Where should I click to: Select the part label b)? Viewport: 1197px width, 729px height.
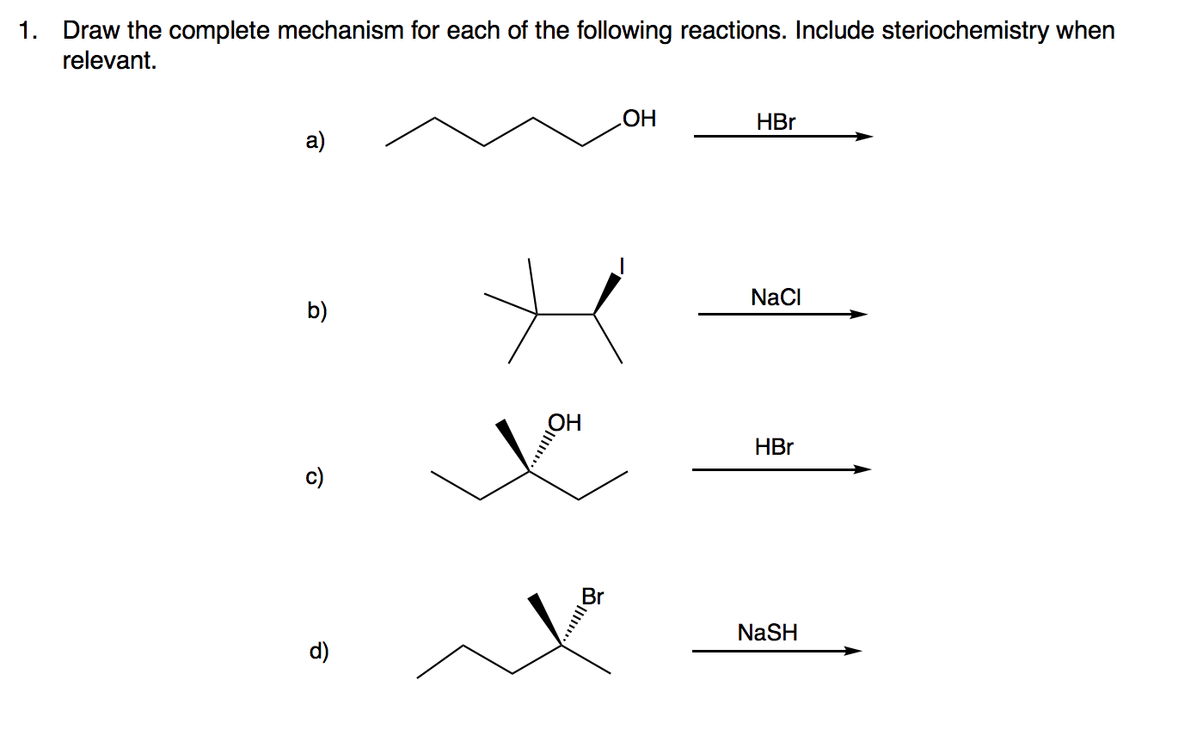point(316,310)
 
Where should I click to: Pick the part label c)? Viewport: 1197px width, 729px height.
point(316,475)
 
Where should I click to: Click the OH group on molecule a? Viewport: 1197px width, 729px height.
point(638,119)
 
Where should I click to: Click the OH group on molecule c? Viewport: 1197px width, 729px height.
point(564,423)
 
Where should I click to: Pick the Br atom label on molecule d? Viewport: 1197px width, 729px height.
point(592,596)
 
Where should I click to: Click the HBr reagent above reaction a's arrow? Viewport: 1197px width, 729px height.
point(776,122)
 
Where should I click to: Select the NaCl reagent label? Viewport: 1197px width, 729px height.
point(776,297)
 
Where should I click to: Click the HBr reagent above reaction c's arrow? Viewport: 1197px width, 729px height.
point(774,447)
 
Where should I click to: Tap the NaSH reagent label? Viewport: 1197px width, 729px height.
point(767,634)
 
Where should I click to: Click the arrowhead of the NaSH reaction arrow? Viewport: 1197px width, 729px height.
point(852,651)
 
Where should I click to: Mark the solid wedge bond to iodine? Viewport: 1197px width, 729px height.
point(608,293)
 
